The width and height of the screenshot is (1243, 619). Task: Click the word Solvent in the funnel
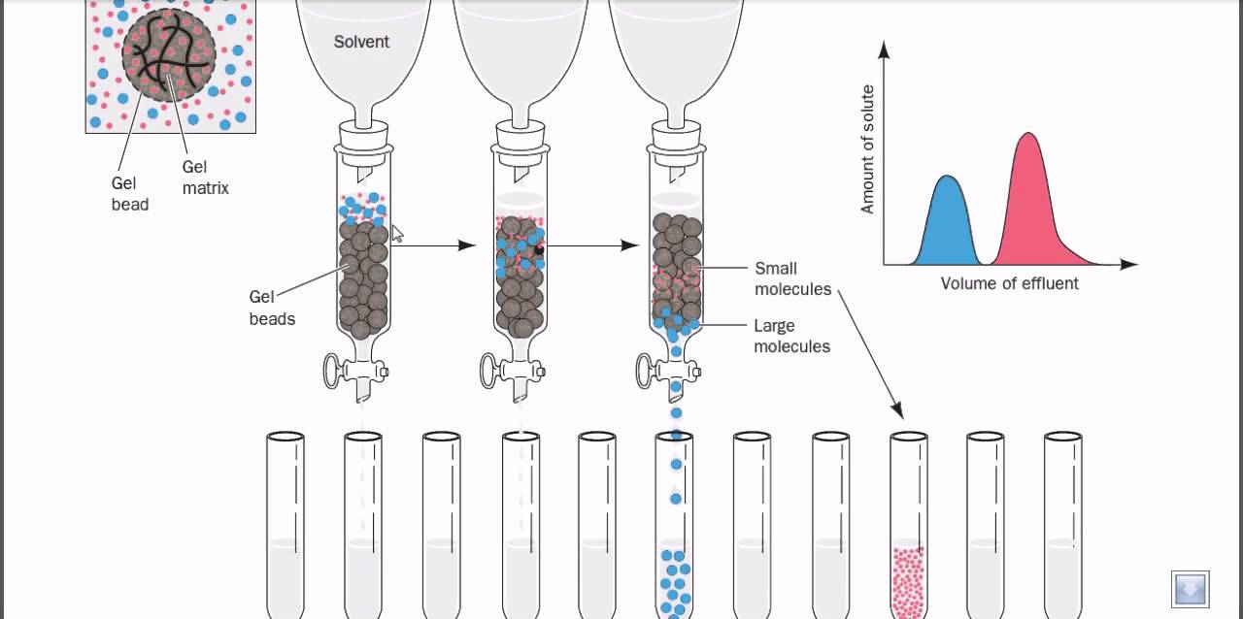point(361,42)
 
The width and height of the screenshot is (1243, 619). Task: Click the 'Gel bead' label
point(130,193)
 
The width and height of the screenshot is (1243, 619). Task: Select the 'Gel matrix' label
point(205,178)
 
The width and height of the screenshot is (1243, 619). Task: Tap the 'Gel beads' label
point(272,308)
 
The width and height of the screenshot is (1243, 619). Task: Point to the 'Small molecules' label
point(792,278)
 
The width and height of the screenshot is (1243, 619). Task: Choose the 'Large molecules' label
point(791,336)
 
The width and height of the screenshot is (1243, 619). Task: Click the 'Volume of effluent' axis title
point(1009,283)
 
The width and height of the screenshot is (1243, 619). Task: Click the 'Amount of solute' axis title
point(868,149)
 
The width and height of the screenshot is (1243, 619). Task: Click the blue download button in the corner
point(1190,589)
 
